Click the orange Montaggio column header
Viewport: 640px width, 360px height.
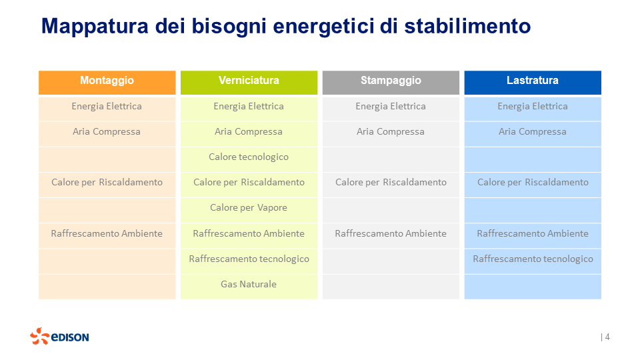click(x=107, y=81)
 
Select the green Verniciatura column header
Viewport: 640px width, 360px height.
click(x=249, y=81)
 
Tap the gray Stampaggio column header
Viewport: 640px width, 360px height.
click(x=391, y=81)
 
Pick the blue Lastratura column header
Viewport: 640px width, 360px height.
click(x=532, y=81)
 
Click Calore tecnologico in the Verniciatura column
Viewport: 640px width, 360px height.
click(x=249, y=157)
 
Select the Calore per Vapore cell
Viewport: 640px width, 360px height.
click(x=249, y=208)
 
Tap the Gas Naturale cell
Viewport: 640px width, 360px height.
click(x=249, y=285)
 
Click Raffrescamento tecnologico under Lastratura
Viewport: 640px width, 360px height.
click(x=533, y=259)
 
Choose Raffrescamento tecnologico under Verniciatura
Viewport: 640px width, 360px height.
click(x=249, y=259)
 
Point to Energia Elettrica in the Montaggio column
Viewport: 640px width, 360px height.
click(x=107, y=107)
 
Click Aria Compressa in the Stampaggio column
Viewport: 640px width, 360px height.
click(x=391, y=132)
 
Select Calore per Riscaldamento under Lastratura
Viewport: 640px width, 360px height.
click(x=533, y=183)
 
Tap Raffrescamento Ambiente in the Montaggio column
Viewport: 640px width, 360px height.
click(x=107, y=234)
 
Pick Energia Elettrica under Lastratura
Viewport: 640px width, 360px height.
click(x=533, y=107)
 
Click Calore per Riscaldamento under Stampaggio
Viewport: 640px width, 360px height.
click(x=391, y=183)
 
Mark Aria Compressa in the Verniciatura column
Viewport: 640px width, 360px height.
click(x=249, y=132)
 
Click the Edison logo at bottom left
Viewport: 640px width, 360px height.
click(x=59, y=337)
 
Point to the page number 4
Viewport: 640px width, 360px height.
click(x=607, y=337)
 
